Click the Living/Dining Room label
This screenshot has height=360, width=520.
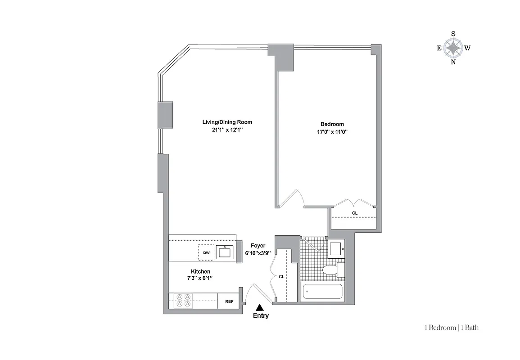click(x=227, y=122)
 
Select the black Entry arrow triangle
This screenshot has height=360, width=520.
click(x=259, y=307)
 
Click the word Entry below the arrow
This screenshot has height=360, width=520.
click(x=261, y=316)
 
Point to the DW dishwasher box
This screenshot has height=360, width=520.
click(x=206, y=253)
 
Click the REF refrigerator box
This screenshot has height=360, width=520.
click(x=229, y=301)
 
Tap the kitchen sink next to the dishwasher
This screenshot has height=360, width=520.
click(x=225, y=252)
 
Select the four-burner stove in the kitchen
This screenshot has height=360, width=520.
click(x=183, y=301)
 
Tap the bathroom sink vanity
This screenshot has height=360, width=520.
click(x=335, y=249)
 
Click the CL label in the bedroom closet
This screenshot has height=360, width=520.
click(x=355, y=213)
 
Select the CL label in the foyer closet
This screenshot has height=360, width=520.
click(x=281, y=277)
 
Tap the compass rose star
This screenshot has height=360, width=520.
click(x=453, y=48)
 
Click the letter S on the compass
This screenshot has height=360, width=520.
click(x=453, y=34)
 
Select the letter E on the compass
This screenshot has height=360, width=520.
click(x=439, y=48)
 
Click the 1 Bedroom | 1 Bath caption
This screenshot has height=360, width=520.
click(x=451, y=328)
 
